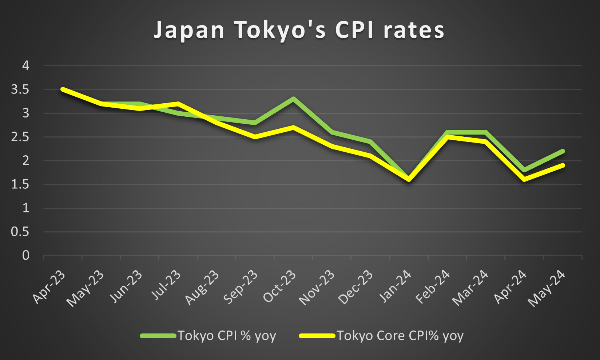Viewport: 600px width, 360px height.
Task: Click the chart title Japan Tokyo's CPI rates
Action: tap(299, 30)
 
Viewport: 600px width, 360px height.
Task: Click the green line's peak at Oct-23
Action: tap(293, 99)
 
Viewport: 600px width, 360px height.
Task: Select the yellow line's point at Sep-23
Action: tap(255, 137)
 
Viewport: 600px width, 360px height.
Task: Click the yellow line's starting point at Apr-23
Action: tap(63, 89)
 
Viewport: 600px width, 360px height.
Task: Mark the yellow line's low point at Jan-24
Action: tap(409, 179)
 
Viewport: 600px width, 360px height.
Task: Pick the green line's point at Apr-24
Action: tap(524, 170)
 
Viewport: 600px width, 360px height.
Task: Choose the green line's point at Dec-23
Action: tap(370, 141)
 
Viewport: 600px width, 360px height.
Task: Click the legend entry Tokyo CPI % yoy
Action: tap(226, 336)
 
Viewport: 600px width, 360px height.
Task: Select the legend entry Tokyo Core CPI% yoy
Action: tap(400, 336)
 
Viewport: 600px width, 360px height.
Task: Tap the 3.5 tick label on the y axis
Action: tap(20, 89)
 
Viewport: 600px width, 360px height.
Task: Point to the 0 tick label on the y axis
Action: tap(25, 256)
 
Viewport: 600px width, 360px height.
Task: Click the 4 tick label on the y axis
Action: tap(25, 66)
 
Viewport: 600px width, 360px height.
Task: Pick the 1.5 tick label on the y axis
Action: tap(20, 184)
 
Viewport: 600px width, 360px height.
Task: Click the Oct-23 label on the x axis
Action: tap(279, 287)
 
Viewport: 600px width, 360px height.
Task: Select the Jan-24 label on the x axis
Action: tap(395, 287)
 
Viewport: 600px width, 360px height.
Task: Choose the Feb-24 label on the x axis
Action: tap(433, 287)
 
